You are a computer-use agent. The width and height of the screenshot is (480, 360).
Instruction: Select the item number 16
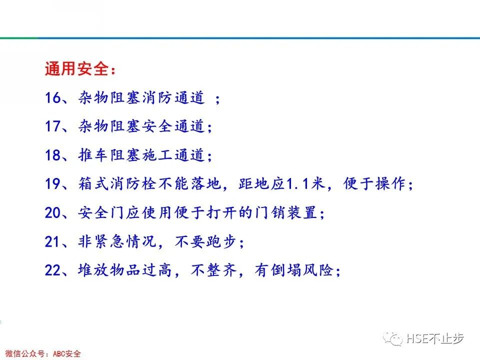[x=52, y=98]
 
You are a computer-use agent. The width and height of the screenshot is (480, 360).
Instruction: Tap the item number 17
[x=52, y=126]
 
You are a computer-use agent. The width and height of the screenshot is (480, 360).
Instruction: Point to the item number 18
[x=52, y=155]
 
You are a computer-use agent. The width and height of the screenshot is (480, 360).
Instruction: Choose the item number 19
[x=52, y=184]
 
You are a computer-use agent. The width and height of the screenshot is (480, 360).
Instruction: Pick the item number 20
[x=52, y=213]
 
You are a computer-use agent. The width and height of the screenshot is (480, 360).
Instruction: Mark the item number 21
[x=52, y=242]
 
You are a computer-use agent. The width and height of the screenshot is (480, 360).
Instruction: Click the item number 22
[x=52, y=271]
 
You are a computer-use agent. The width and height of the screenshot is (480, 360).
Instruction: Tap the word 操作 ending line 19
[x=391, y=184]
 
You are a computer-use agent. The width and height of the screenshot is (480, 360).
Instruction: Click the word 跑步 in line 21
[x=221, y=242]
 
